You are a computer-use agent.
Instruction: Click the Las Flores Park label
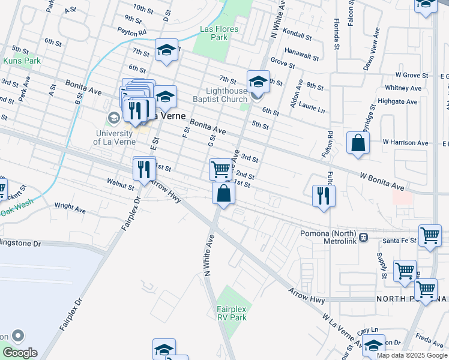219,33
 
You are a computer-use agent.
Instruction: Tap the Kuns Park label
22,61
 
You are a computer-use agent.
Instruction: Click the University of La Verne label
113,137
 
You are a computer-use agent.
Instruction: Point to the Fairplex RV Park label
232,313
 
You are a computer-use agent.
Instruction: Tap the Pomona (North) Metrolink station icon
363,236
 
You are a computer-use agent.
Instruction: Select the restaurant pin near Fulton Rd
324,196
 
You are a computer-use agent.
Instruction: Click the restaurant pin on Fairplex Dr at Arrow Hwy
143,169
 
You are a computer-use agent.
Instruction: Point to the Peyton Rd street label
132,32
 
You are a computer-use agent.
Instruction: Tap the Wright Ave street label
68,206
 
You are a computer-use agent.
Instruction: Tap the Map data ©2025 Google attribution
412,355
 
